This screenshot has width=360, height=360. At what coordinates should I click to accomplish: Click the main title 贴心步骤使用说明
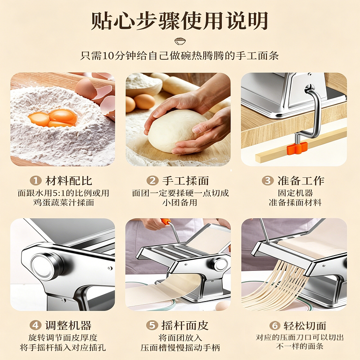pos(180,21)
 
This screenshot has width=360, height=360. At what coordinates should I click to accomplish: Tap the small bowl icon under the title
pos(180,41)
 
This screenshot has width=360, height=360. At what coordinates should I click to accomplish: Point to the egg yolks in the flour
pos(53,118)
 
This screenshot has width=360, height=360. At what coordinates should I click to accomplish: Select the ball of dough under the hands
pos(177,130)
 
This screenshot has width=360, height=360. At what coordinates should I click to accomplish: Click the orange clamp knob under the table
pos(297,148)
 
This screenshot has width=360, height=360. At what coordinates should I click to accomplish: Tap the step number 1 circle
pos(36,180)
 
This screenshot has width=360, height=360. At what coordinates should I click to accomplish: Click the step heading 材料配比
pos(69,181)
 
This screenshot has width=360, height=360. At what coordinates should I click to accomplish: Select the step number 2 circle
pos(153,180)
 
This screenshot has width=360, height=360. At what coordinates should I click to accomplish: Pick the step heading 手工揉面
pos(185,181)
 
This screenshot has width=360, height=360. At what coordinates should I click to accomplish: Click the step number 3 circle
pos(268,180)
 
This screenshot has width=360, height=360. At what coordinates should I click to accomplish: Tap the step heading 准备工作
pos(301,181)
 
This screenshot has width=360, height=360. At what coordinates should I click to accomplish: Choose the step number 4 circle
pos(36,325)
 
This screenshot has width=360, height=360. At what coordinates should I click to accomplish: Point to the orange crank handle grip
pos(165,221)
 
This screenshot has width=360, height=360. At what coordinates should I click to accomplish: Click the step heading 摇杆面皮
pos(185,325)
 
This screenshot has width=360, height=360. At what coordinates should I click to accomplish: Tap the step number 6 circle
pos(274,325)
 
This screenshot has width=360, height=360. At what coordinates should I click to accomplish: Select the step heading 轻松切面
pos(305,325)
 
